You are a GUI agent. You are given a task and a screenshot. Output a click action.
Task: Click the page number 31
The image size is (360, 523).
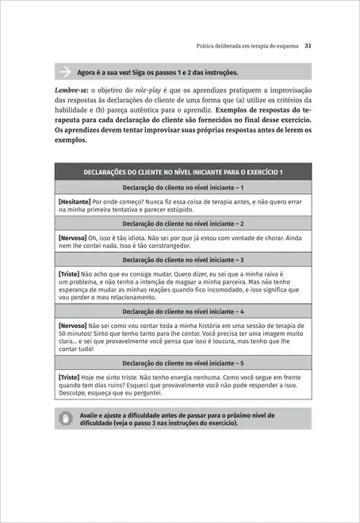pos(308,47)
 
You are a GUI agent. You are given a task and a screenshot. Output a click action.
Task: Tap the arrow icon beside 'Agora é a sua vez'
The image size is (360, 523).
pos(64,72)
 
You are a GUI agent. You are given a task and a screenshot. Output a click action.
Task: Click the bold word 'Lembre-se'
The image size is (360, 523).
pos(71,89)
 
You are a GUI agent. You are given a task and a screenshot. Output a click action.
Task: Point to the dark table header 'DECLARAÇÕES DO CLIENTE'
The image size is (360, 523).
pos(183,172)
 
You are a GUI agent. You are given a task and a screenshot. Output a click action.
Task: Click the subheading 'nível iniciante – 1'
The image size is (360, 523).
pos(183,188)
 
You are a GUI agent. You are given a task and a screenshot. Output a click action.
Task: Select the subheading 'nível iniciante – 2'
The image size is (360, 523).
pos(183,223)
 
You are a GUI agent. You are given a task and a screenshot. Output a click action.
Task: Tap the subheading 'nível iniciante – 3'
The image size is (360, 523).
pos(183,259)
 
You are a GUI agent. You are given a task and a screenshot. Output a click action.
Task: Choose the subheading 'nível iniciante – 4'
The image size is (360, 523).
pos(183,312)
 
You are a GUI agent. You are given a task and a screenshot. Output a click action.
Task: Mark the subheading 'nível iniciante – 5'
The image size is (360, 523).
pos(183,363)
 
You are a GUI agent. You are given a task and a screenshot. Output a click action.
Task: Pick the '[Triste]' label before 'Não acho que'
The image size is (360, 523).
pos(69,273)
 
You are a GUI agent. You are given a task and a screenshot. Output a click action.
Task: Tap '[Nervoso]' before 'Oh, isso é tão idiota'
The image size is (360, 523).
pos(73,237)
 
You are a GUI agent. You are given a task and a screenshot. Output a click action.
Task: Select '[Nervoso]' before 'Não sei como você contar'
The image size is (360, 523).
pos(73,325)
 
